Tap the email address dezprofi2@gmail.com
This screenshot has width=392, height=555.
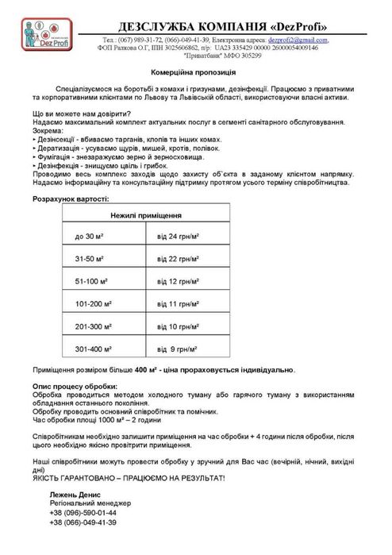292,40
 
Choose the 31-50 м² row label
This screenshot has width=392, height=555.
92,260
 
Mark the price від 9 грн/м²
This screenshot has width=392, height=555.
177,349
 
